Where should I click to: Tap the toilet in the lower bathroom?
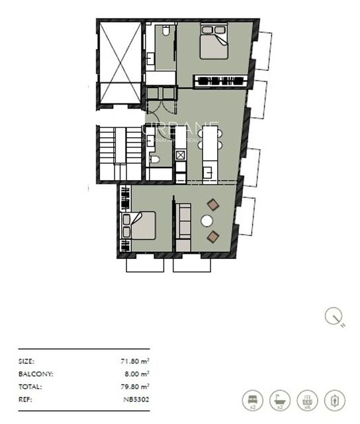(x=154, y=159)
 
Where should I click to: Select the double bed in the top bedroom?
(x=214, y=42)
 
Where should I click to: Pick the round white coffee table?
(x=208, y=221)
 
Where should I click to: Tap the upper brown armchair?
(x=213, y=205)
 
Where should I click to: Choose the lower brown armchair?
(x=213, y=237)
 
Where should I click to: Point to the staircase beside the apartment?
(x=119, y=153)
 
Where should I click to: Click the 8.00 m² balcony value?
(x=135, y=374)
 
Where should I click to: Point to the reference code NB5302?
(x=136, y=399)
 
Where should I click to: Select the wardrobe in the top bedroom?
(x=220, y=81)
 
